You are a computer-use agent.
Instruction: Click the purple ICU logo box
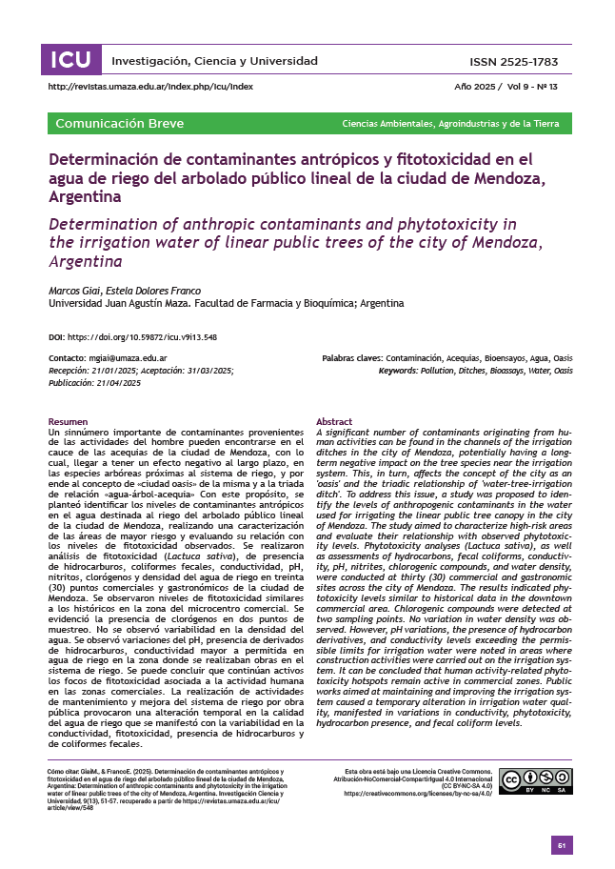coord(71,61)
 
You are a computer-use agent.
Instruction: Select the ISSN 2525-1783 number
coord(514,62)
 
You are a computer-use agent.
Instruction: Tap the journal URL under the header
coord(150,87)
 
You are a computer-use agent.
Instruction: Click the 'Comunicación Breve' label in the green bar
coord(120,124)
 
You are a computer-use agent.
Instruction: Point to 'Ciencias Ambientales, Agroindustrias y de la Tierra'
coord(450,125)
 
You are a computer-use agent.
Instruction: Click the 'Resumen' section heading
coord(68,421)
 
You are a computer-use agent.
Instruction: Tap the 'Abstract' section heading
coord(333,421)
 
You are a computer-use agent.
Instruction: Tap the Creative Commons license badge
coord(535,781)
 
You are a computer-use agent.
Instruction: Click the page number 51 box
coord(562,845)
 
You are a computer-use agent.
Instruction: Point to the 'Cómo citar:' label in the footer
coord(65,768)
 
